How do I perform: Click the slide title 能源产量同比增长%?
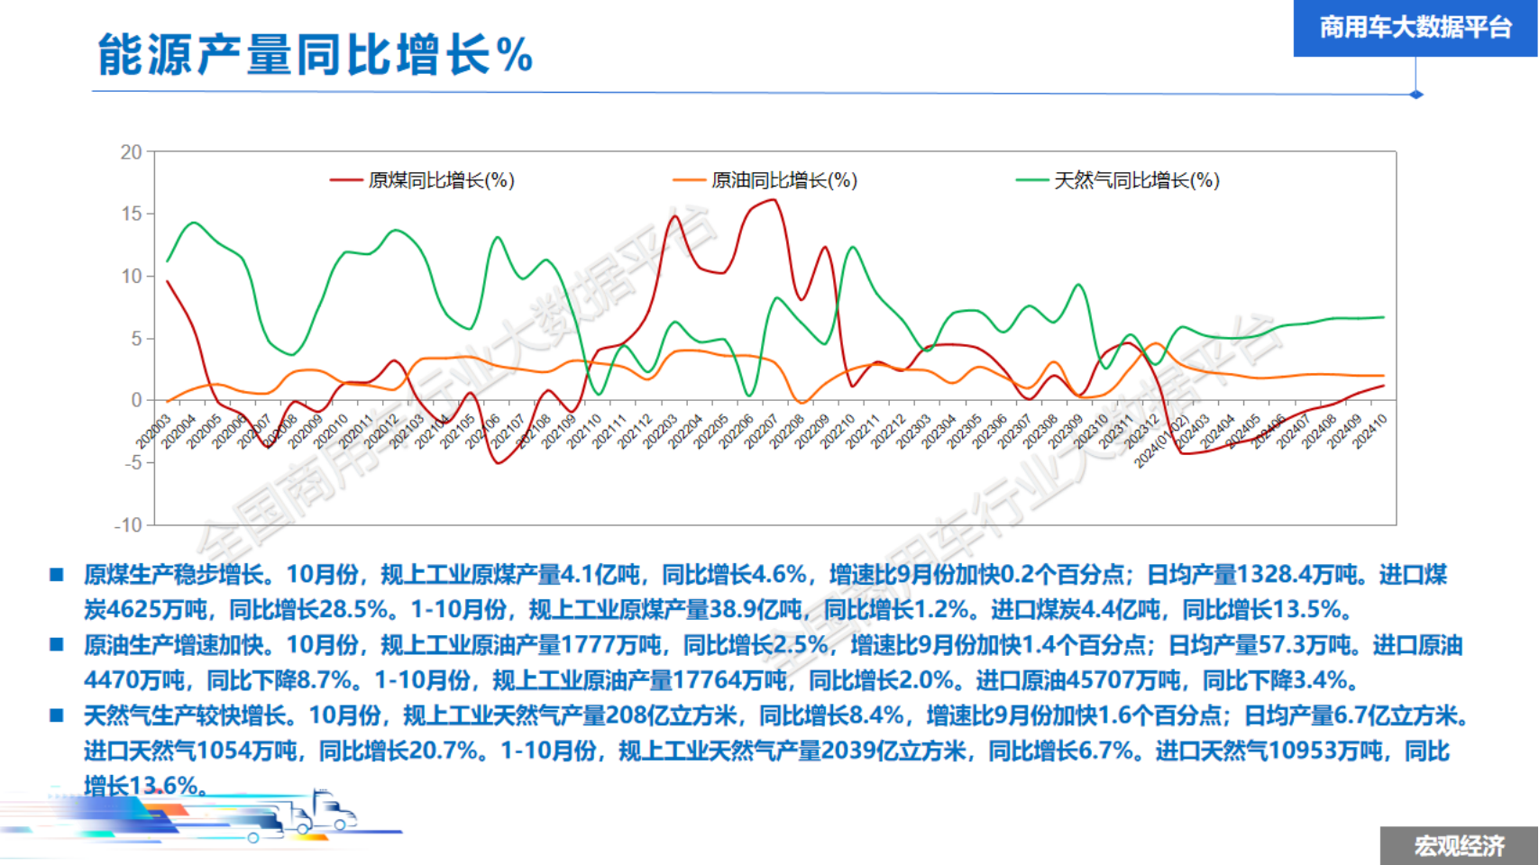(x=315, y=54)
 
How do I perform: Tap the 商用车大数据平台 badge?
(x=1415, y=28)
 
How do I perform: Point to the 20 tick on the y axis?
(x=132, y=152)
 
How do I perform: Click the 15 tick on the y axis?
(x=132, y=214)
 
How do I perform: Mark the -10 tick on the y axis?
(x=128, y=525)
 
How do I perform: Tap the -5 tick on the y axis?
(x=132, y=463)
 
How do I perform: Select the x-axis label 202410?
(x=1370, y=432)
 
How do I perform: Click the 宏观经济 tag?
(x=1459, y=846)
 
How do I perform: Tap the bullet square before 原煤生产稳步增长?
(x=57, y=574)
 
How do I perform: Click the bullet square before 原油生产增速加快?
(x=57, y=644)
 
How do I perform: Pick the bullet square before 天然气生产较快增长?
(x=57, y=715)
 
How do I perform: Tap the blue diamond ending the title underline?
(x=1416, y=94)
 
